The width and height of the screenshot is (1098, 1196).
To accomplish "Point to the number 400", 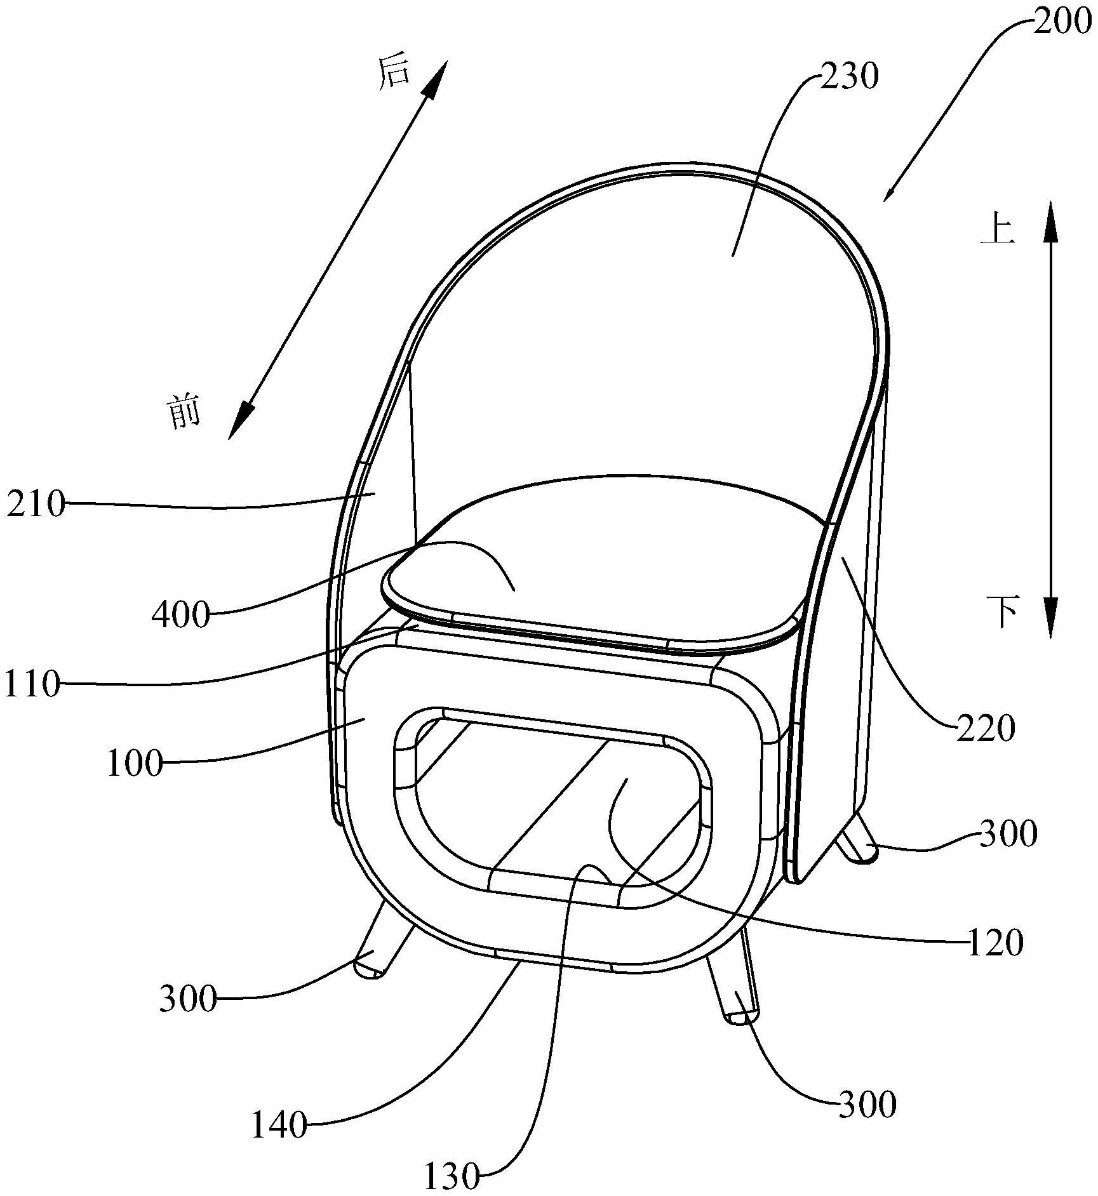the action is (180, 615).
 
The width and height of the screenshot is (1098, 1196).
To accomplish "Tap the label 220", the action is (986, 729).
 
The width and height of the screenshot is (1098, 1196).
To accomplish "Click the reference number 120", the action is (995, 944).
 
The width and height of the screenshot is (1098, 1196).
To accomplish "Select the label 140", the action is (279, 1126).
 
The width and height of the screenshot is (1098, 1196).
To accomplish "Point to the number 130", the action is (452, 1178).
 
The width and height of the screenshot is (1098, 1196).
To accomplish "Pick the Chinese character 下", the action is (1002, 611).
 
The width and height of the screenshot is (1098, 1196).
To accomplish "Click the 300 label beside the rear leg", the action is (1008, 834).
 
